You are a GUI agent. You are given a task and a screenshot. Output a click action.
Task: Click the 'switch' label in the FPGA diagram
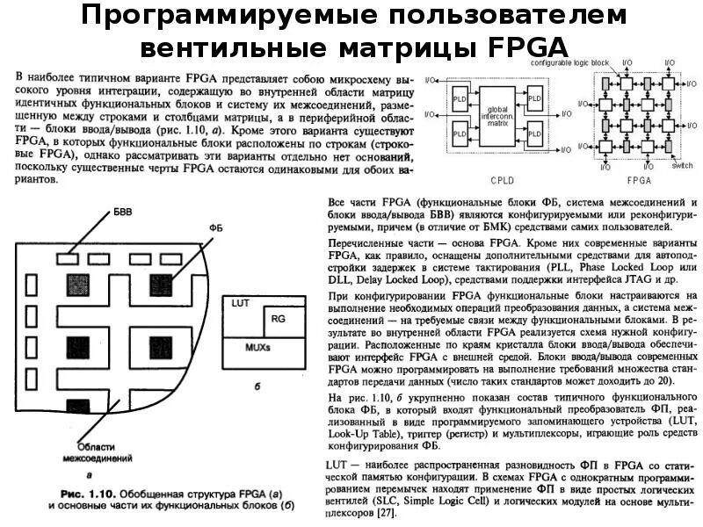(682, 165)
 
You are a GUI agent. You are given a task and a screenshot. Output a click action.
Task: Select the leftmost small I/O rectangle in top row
(67, 258)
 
